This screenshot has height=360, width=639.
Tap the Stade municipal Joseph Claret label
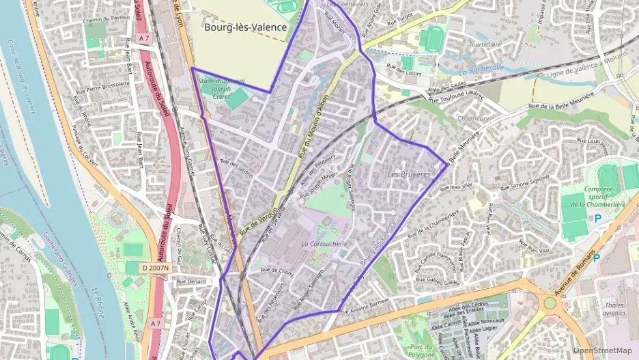[x=219, y=89]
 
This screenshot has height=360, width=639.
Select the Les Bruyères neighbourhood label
[x=409, y=175]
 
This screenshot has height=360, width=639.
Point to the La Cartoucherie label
[x=325, y=243]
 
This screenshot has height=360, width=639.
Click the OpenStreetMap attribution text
[x=602, y=350]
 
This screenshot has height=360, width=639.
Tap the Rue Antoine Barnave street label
[x=364, y=306]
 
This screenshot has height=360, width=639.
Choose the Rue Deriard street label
[x=190, y=281]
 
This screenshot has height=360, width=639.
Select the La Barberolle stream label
[x=481, y=69]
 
